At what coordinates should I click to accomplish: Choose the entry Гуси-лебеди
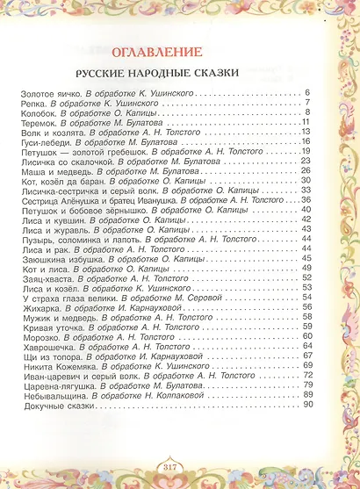tap(41, 141)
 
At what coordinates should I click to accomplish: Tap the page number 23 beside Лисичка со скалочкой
tap(306, 161)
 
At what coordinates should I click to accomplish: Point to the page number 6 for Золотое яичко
tap(309, 93)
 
